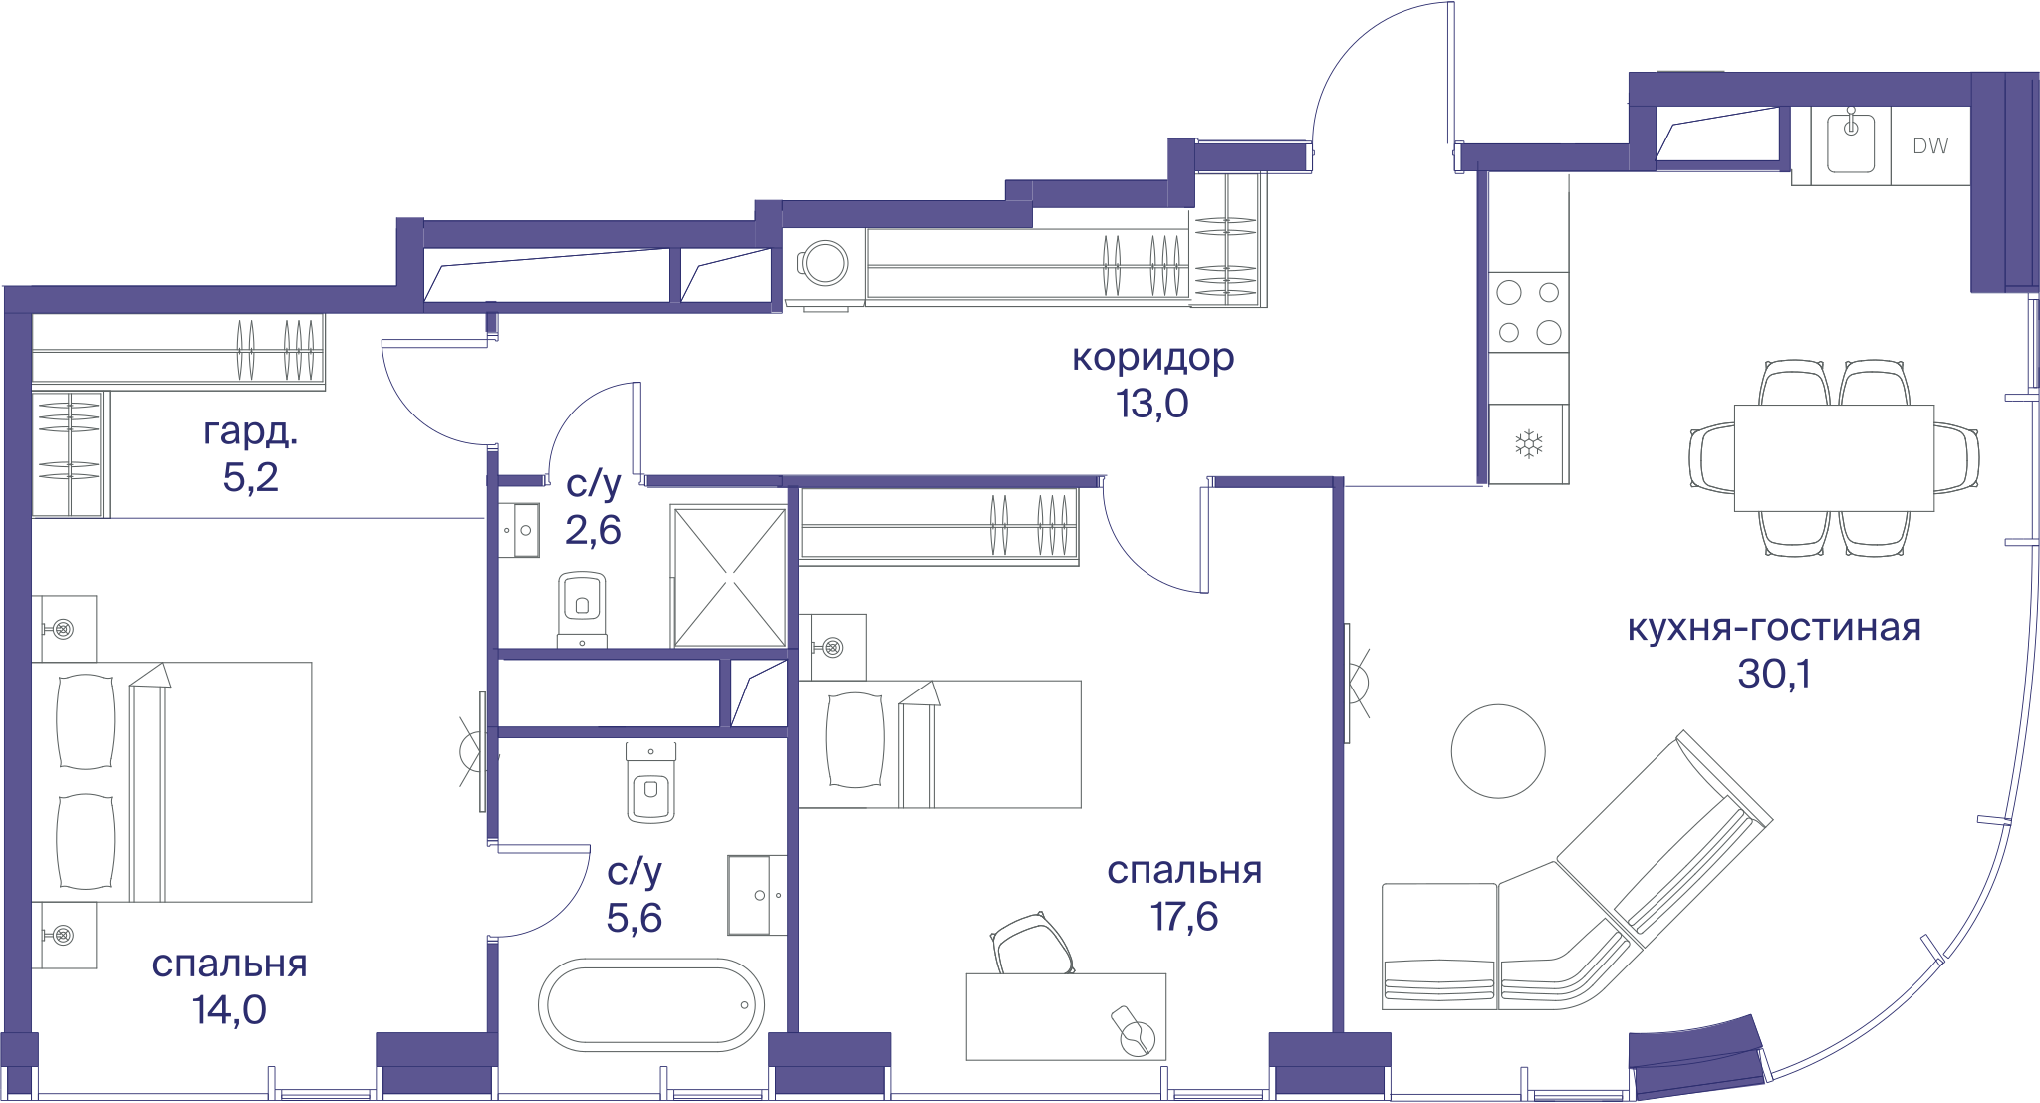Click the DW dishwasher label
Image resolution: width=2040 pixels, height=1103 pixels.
tap(1930, 145)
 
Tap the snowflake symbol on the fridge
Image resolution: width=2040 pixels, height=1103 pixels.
tap(1529, 444)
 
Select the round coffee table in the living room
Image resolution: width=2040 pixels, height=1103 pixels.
tap(1498, 751)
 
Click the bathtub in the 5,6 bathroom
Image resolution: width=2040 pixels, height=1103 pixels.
tap(651, 1005)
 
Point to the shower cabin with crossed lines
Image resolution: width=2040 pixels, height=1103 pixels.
tap(730, 577)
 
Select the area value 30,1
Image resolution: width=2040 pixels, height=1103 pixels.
tap(1774, 674)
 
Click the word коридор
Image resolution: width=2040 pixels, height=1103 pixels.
tap(1153, 357)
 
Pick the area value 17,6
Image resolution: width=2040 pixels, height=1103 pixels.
tap(1184, 917)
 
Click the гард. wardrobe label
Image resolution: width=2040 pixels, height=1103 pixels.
tap(251, 432)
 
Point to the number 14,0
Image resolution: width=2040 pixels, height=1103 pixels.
tap(230, 1010)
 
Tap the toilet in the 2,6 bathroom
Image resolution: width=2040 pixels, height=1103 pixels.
tap(583, 607)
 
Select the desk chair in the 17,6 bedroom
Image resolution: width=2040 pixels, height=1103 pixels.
tap(1032, 943)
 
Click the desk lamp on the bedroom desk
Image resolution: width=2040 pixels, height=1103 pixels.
tap(1135, 1031)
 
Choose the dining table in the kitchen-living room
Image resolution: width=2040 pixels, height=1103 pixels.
tap(1834, 458)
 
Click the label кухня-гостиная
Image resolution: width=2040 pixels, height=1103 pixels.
tap(1774, 628)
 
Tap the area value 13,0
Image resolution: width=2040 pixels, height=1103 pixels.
tap(1152, 404)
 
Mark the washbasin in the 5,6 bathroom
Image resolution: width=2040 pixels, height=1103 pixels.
tap(756, 895)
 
